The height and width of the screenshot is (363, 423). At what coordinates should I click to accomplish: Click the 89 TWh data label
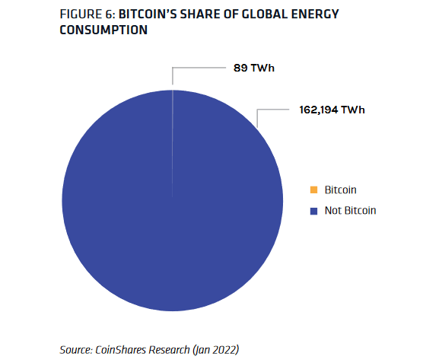click(x=253, y=68)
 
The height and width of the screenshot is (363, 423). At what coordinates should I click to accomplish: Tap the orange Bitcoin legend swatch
click(x=313, y=189)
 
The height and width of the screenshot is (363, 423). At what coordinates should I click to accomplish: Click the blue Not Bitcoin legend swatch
click(x=313, y=211)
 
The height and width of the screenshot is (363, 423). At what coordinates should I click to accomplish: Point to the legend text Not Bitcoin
click(x=350, y=211)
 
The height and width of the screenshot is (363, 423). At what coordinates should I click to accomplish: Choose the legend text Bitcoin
click(x=340, y=189)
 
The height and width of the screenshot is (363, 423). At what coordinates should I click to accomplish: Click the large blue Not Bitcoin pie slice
click(x=173, y=228)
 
